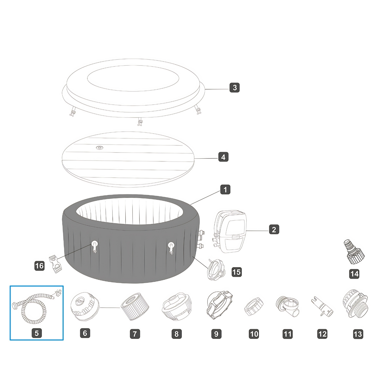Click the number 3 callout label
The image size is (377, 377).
click(x=234, y=87)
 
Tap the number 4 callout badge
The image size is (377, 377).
click(x=223, y=157)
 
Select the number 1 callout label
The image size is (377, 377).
click(x=225, y=190)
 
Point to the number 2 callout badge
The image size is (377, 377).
click(x=274, y=229)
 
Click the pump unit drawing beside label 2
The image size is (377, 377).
click(x=230, y=231)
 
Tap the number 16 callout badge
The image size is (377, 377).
click(x=39, y=266)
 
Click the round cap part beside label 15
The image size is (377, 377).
click(x=216, y=270)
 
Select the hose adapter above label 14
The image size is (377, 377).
click(x=354, y=252)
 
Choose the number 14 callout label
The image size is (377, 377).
click(x=354, y=274)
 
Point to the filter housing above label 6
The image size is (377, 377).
click(x=85, y=306)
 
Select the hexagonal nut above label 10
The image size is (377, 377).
click(x=254, y=306)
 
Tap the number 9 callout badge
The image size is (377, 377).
click(x=216, y=334)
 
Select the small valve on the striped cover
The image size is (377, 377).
click(x=99, y=148)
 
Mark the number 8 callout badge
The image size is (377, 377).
click(x=176, y=334)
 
